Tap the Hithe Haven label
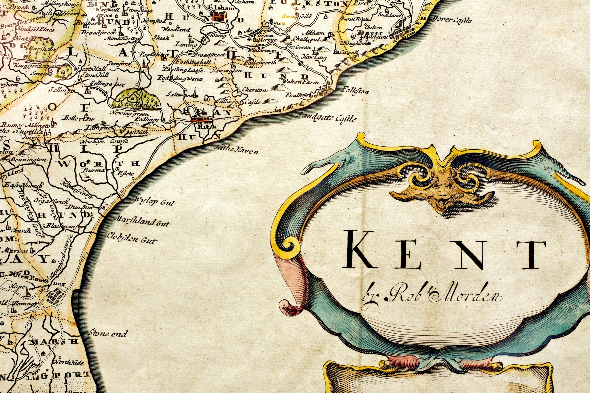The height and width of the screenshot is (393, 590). tap(237, 150)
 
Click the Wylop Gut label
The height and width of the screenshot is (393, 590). tap(154, 202)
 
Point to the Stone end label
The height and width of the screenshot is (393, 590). tap(107, 333)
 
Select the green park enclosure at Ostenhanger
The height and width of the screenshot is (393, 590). tap(137, 99)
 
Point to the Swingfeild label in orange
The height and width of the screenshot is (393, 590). tap(297, 16)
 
